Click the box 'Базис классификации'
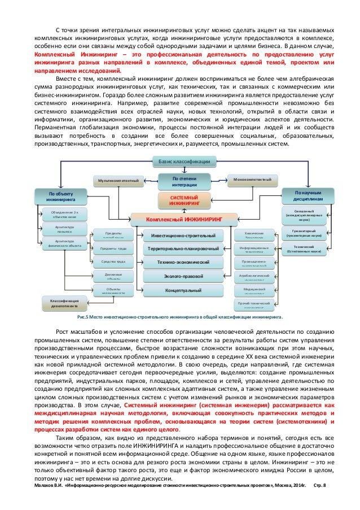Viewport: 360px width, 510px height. tap(184, 162)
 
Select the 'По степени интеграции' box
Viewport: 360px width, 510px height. tap(184, 181)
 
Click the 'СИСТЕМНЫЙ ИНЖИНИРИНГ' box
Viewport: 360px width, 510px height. tap(184, 199)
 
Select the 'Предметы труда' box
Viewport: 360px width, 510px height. tap(113, 249)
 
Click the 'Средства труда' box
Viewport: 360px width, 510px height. tap(113, 262)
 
